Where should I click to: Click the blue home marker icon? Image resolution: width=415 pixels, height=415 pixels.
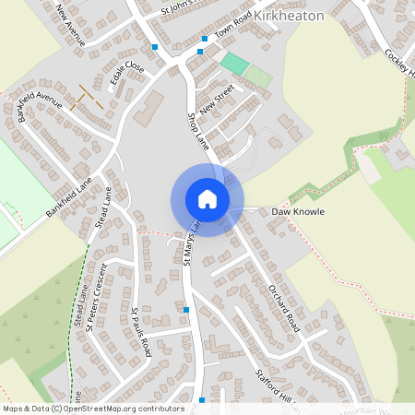click(x=207, y=199)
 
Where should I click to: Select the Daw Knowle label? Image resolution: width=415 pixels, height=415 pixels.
click(x=298, y=211)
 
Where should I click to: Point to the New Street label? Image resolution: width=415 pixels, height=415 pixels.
click(x=219, y=99)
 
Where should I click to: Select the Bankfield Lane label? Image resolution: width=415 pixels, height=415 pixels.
click(x=70, y=198)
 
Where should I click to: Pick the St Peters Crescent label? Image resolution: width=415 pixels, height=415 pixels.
click(x=96, y=295)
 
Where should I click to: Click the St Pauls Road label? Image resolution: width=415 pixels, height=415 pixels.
click(x=141, y=331)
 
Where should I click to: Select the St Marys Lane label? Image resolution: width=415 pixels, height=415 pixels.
click(x=191, y=243)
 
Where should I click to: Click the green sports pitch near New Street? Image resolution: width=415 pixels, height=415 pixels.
click(x=236, y=64)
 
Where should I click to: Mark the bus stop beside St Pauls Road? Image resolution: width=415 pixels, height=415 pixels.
click(x=187, y=311)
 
